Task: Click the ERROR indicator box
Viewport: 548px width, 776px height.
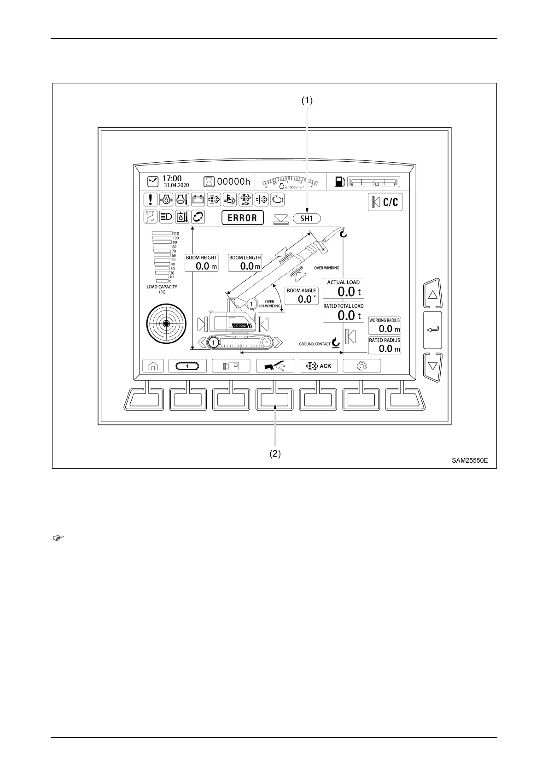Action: pyautogui.click(x=243, y=218)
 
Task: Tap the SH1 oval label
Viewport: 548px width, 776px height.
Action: pyautogui.click(x=307, y=218)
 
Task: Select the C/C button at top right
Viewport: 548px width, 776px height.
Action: pyautogui.click(x=385, y=202)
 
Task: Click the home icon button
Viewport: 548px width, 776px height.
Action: pyautogui.click(x=153, y=366)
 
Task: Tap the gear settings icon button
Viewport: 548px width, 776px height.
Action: pyautogui.click(x=362, y=366)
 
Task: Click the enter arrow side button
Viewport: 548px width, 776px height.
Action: pyautogui.click(x=432, y=330)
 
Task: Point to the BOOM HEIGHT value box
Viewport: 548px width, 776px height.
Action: pyautogui.click(x=201, y=263)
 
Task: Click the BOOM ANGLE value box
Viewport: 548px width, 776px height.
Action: pyautogui.click(x=301, y=296)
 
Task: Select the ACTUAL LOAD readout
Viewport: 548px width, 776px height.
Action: pyautogui.click(x=343, y=288)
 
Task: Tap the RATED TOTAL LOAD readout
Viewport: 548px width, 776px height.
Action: pyautogui.click(x=343, y=312)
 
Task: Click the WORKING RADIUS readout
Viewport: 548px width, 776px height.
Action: pyautogui.click(x=385, y=325)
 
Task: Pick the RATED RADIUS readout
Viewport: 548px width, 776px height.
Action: pyautogui.click(x=385, y=345)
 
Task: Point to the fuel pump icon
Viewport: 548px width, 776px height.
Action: pyautogui.click(x=340, y=182)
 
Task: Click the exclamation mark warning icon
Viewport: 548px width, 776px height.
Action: pyautogui.click(x=151, y=200)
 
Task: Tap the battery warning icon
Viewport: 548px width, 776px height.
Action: pyautogui.click(x=198, y=200)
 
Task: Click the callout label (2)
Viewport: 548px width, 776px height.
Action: pyautogui.click(x=275, y=453)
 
